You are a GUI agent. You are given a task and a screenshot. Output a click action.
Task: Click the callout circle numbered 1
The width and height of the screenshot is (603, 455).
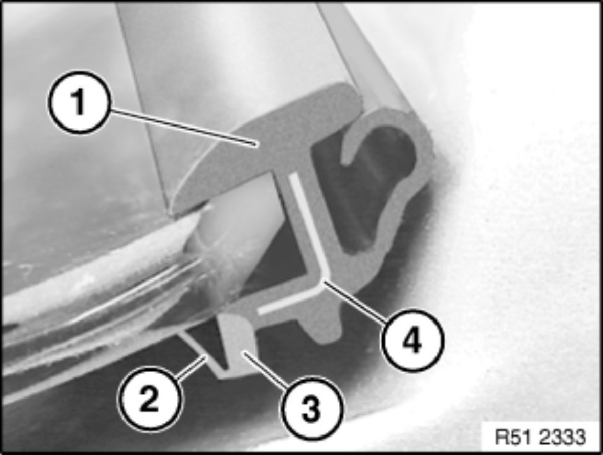[79, 102]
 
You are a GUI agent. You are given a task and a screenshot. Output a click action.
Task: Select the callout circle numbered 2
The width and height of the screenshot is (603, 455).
[149, 399]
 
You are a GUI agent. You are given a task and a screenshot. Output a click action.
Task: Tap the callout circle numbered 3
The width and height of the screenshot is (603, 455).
[311, 409]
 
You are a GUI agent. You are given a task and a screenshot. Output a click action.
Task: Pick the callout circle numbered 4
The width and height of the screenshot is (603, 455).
[413, 340]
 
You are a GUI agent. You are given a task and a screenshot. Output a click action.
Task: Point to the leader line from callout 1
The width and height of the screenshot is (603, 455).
[183, 127]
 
